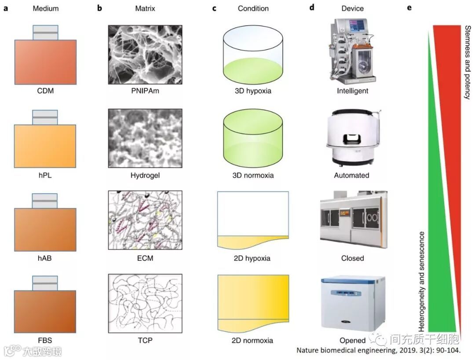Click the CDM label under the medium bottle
click(x=45, y=92)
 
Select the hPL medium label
click(x=45, y=175)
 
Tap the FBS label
click(x=45, y=340)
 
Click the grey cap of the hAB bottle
click(x=45, y=201)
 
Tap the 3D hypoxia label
click(x=253, y=92)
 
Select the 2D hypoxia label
click(x=253, y=258)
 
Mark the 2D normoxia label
click(x=253, y=340)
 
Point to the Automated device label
click(x=351, y=175)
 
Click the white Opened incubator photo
click(x=353, y=304)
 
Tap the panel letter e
click(x=409, y=8)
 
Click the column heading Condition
click(x=253, y=8)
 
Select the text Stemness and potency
click(x=467, y=62)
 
